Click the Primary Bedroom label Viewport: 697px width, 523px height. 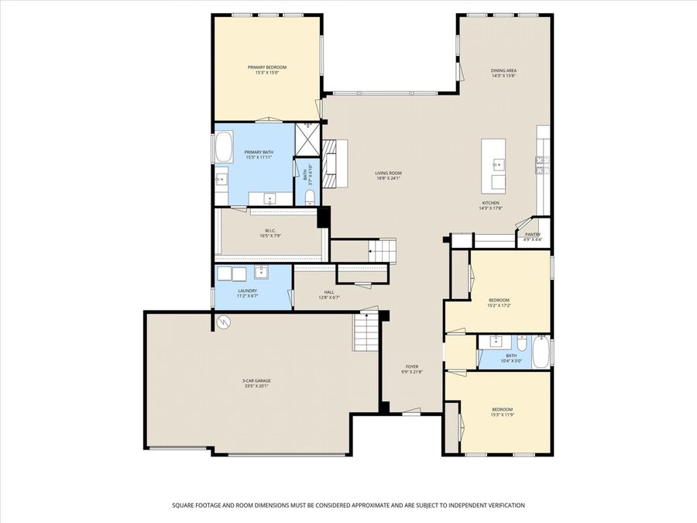(267, 67)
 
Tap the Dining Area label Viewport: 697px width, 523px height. (503, 71)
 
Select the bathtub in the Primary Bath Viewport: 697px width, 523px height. (222, 145)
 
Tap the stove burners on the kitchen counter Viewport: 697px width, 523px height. (541, 163)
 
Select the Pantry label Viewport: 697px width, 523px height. (533, 234)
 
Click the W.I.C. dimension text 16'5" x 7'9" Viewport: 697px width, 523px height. (270, 236)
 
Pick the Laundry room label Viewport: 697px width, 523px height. (247, 291)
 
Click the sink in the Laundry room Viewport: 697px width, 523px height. (262, 271)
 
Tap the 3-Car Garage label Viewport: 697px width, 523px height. (256, 380)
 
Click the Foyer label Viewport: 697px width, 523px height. (412, 366)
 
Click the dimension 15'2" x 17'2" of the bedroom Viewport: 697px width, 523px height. (499, 305)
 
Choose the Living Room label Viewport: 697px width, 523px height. (389, 173)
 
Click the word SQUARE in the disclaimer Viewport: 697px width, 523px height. (185, 505)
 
